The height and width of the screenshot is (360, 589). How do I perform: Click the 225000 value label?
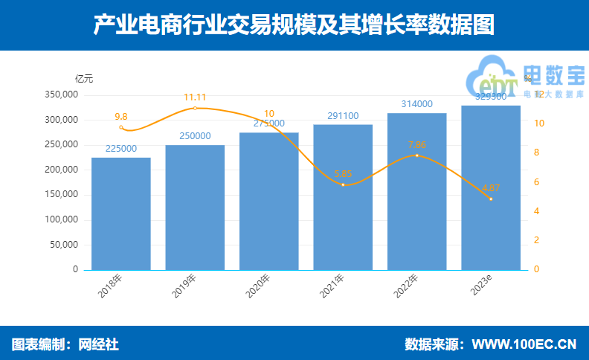[x=121, y=149]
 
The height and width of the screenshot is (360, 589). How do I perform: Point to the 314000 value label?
[x=416, y=104]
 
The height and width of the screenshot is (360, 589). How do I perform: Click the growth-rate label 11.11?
[x=195, y=97]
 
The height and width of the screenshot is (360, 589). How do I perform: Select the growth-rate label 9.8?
[x=121, y=117]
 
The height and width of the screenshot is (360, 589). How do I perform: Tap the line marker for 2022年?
[x=416, y=155]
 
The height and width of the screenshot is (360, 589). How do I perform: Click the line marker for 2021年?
[x=343, y=184]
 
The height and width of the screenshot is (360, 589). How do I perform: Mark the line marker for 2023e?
[x=491, y=199]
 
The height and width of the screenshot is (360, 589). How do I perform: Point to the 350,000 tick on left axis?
[x=61, y=95]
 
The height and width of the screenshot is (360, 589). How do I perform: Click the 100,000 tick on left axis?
[x=61, y=219]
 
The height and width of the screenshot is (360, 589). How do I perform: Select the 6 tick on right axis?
[x=538, y=182]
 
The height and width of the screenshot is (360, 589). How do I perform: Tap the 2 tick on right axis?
[x=538, y=240]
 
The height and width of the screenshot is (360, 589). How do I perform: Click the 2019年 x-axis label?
[x=184, y=286]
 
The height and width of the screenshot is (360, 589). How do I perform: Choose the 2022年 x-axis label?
[x=406, y=286]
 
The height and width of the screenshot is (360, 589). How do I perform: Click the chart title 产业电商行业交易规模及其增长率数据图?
[x=294, y=25]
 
